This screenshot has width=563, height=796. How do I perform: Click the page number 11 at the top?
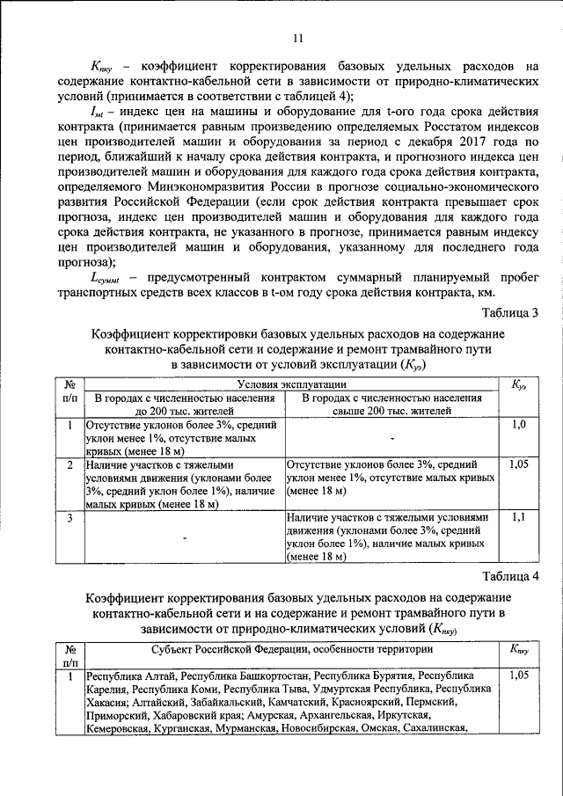297,37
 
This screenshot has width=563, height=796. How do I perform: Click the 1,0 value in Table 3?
518,425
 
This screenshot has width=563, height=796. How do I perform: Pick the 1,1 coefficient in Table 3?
518,517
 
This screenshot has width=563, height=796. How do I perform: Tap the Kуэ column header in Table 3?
518,385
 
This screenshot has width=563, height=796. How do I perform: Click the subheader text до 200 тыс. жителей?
184,410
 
